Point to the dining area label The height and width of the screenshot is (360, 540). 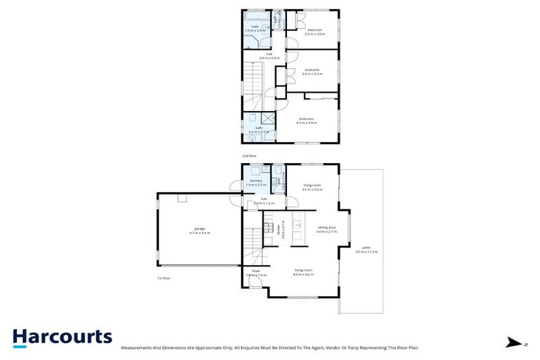(x=326, y=229)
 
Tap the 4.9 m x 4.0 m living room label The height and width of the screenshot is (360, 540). (x=304, y=272)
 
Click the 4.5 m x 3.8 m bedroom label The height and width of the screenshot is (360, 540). (x=307, y=121)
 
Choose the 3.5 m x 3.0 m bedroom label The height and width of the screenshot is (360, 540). (x=314, y=32)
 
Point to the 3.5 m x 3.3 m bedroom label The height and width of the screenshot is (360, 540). (x=312, y=72)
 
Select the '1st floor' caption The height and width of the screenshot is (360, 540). (x=164, y=278)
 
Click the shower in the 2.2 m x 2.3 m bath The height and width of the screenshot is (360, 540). (x=268, y=120)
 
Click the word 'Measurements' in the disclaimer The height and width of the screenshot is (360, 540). (x=139, y=347)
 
